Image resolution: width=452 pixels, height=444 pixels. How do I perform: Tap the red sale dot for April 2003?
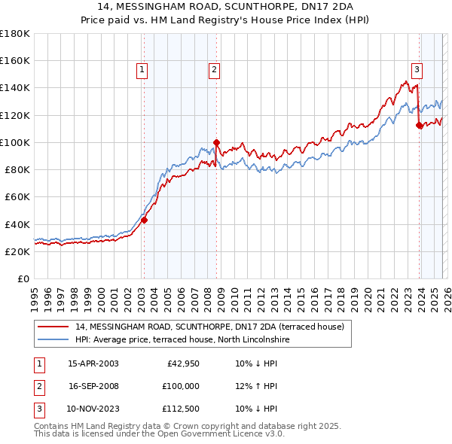pyautogui.click(x=144, y=220)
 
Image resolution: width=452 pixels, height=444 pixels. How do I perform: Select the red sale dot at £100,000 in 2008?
pyautogui.click(x=216, y=142)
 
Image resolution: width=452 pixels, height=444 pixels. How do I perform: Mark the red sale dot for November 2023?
pyautogui.click(x=419, y=126)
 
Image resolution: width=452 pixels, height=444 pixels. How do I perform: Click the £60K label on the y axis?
pyautogui.click(x=17, y=197)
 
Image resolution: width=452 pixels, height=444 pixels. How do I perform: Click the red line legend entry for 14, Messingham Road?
pyautogui.click(x=209, y=327)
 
